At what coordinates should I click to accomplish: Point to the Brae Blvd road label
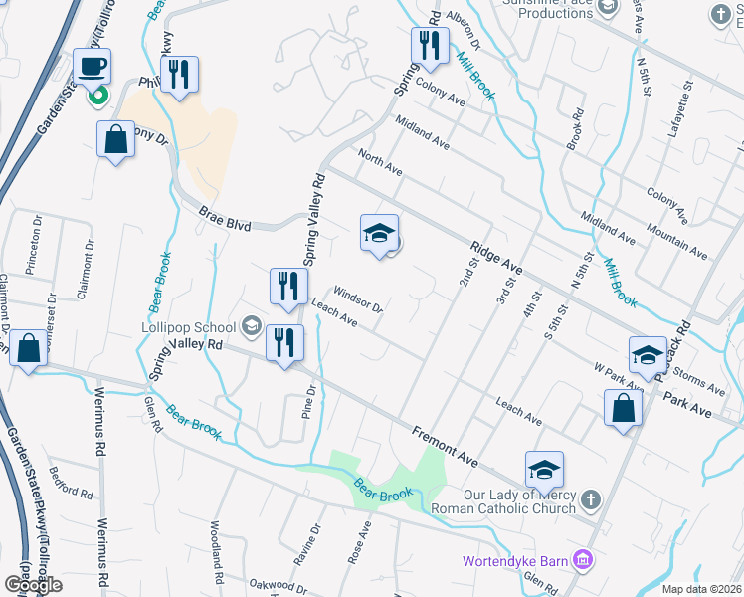coord(226,226)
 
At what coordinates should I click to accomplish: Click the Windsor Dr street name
coord(358,299)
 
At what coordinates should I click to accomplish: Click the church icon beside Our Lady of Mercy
coord(591,498)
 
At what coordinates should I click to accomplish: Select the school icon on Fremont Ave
coord(544,470)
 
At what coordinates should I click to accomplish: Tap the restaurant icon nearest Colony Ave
coord(429,46)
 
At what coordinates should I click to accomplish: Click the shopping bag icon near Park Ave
coord(623,408)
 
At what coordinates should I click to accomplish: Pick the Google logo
coord(33,585)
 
